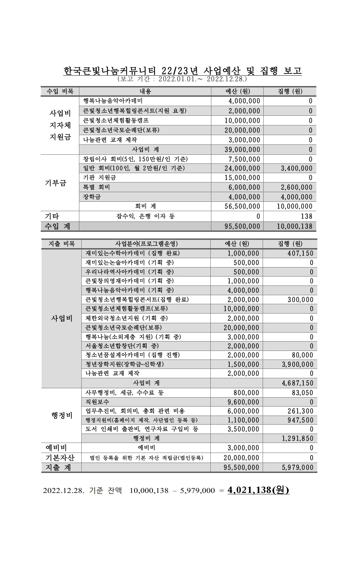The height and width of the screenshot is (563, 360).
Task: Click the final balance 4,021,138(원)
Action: (258, 490)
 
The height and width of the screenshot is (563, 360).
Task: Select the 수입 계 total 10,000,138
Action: (295, 226)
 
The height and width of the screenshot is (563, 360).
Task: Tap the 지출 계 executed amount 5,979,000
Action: (298, 467)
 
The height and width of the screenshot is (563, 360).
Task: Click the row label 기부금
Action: (56, 183)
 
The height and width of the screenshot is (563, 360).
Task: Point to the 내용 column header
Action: (145, 91)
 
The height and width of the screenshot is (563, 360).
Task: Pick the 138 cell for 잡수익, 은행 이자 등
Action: (306, 216)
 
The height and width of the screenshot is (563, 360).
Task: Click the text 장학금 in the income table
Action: (92, 197)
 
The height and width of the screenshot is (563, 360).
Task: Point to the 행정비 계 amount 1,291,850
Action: (298, 438)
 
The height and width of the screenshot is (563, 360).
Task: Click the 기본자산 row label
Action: (60, 457)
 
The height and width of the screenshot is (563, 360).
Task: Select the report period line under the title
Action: (182, 79)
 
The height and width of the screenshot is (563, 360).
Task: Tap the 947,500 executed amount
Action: (300, 420)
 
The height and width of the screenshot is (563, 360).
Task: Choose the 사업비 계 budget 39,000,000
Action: (242, 149)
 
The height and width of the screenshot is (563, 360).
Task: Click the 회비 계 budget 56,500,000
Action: (242, 206)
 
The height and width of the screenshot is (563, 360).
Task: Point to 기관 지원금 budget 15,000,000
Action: (242, 178)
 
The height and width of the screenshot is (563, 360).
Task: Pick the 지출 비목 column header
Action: (62, 244)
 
